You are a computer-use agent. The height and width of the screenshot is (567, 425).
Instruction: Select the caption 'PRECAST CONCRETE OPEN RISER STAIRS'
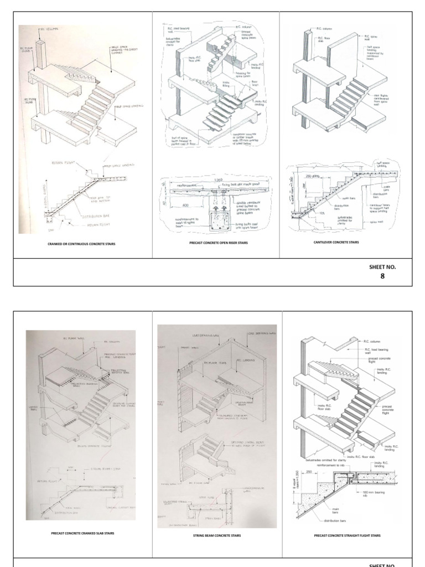[x=215, y=242]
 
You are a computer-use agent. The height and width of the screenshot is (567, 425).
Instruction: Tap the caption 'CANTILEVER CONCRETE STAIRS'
[x=336, y=242]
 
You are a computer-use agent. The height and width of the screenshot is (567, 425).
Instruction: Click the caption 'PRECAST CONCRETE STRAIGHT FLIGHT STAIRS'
[x=347, y=535]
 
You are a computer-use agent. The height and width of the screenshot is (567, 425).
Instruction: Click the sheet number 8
[x=382, y=275]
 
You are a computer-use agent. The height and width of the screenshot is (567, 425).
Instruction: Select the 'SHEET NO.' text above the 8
[x=382, y=266]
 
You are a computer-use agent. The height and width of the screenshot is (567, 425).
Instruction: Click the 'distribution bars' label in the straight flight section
[x=338, y=520]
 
